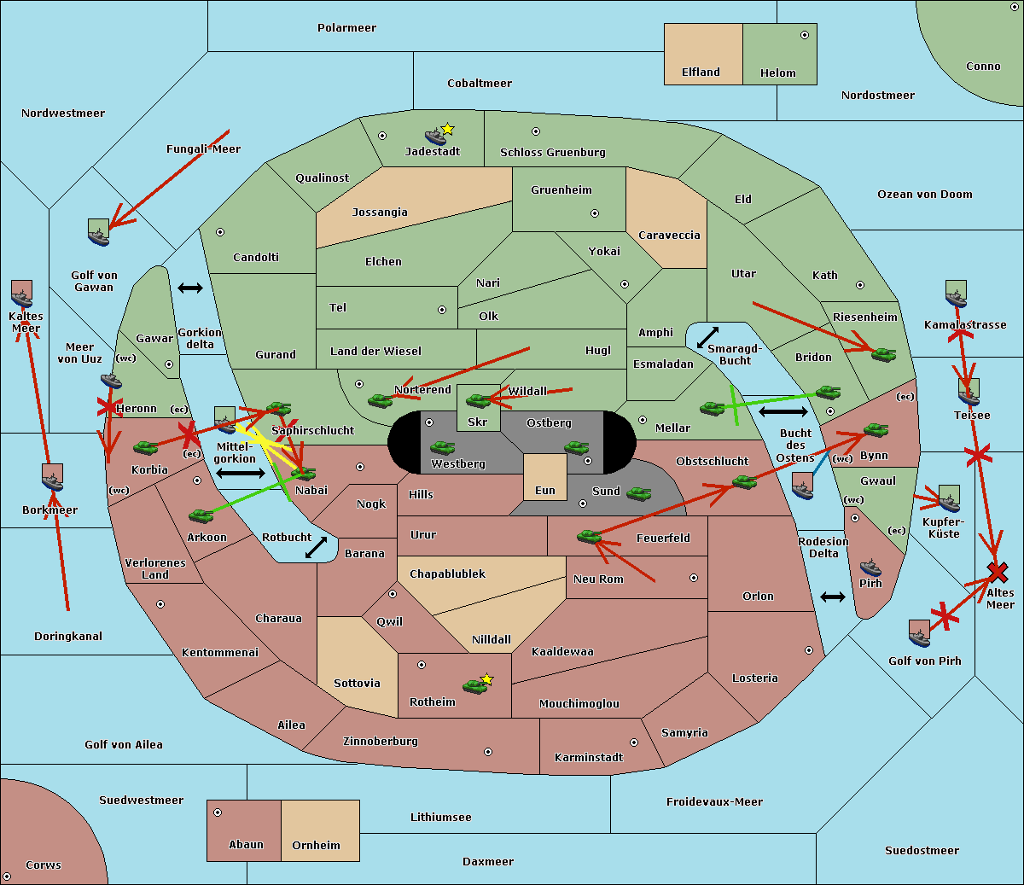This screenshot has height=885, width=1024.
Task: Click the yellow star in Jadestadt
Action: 447,129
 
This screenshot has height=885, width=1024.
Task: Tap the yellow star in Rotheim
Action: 486,679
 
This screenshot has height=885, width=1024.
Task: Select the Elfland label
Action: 701,73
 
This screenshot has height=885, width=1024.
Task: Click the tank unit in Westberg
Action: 442,447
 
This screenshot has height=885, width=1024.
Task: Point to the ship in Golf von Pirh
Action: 919,633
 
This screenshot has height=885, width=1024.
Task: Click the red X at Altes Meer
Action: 997,572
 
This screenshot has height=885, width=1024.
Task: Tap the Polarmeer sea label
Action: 346,28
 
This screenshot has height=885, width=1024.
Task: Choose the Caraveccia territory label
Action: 669,236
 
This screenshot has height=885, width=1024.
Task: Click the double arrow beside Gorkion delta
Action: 189,288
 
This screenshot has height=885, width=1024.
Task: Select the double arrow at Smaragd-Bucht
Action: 707,338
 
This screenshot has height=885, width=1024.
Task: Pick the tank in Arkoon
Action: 201,515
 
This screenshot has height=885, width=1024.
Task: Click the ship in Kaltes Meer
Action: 21,295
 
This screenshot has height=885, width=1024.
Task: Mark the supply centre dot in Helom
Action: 804,35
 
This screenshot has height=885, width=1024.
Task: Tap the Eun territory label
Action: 545,491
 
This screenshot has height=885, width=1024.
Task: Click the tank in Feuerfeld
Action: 589,537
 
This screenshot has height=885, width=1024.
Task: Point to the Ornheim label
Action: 316,846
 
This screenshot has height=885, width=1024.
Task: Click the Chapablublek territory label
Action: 447,574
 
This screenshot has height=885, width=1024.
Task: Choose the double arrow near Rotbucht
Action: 316,547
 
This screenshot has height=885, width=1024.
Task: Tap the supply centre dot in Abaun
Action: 218,812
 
